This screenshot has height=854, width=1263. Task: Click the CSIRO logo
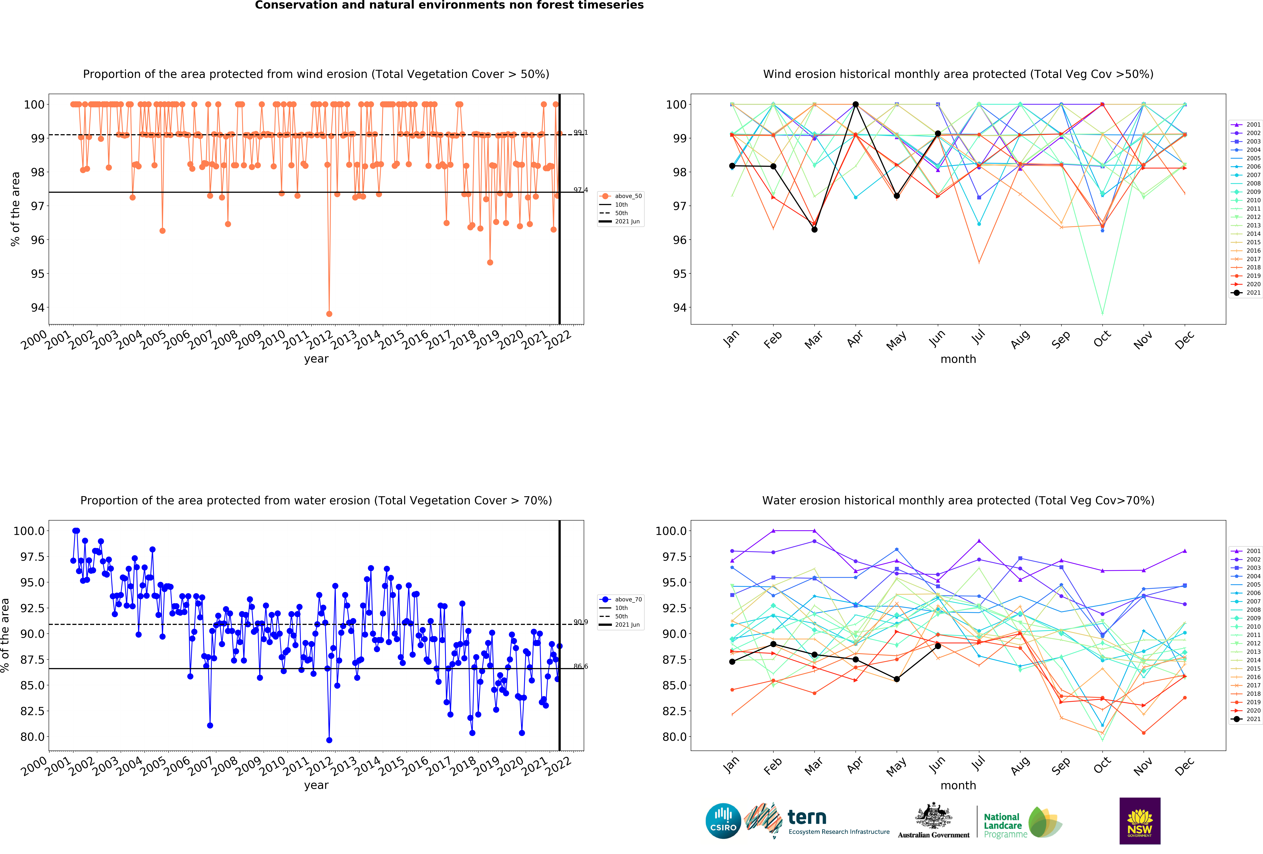pyautogui.click(x=723, y=821)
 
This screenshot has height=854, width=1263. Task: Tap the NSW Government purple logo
pyautogui.click(x=1140, y=821)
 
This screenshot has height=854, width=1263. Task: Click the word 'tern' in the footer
pyautogui.click(x=807, y=817)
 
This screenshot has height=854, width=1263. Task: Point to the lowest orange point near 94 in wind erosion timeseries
pyautogui.click(x=329, y=314)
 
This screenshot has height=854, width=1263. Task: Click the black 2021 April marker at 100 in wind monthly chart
pyautogui.click(x=855, y=104)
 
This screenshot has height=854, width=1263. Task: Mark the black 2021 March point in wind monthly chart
pyautogui.click(x=814, y=229)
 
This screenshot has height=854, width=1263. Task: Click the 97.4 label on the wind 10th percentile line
pyautogui.click(x=580, y=190)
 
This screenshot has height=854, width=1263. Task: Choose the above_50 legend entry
pyautogui.click(x=628, y=196)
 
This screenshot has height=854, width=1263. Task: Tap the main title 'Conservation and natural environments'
pyautogui.click(x=449, y=5)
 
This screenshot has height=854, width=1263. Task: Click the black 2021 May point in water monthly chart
pyautogui.click(x=897, y=679)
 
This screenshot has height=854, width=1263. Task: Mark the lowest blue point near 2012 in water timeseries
pyautogui.click(x=329, y=740)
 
